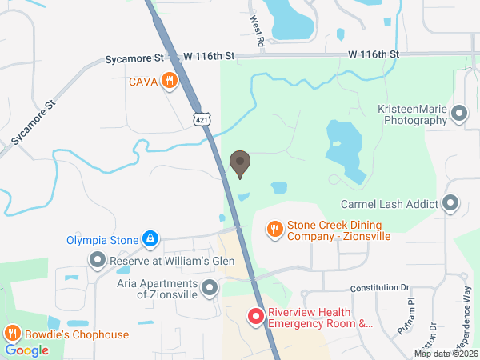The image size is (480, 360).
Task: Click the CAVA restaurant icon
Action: click(x=169, y=80)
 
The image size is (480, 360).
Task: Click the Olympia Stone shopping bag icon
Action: click(x=150, y=238)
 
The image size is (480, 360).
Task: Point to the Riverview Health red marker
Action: click(x=256, y=318)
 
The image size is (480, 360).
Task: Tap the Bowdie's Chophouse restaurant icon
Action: click(x=12, y=334)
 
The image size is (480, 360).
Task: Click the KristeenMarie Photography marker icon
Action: click(x=459, y=114)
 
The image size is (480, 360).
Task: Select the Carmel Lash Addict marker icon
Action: click(x=450, y=204)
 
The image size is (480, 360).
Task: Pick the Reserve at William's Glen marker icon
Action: click(x=98, y=260)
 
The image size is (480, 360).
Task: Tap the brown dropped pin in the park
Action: click(x=239, y=164)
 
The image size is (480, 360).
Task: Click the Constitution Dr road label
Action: click(x=379, y=287)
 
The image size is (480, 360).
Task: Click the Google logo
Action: click(x=27, y=350)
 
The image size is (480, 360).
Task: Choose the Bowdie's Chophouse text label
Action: click(x=76, y=334)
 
